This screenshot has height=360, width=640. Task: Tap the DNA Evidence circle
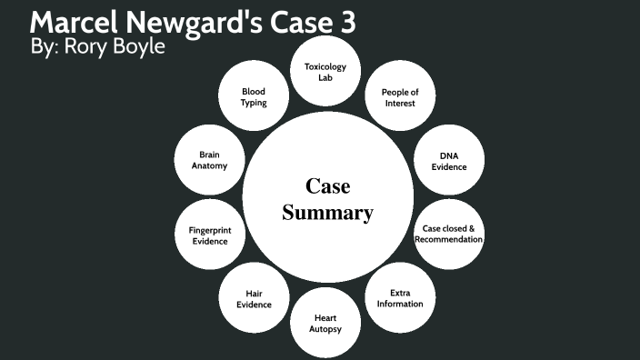click(448, 161)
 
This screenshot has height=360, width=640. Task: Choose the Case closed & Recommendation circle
click(448, 234)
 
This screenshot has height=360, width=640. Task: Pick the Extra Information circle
click(400, 298)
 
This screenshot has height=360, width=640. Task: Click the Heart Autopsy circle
click(326, 324)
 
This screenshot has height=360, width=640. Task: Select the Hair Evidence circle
click(254, 298)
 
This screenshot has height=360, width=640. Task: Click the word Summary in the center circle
click(327, 214)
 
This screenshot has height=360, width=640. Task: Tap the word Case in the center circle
click(328, 186)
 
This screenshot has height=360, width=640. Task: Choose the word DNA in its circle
click(448, 155)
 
